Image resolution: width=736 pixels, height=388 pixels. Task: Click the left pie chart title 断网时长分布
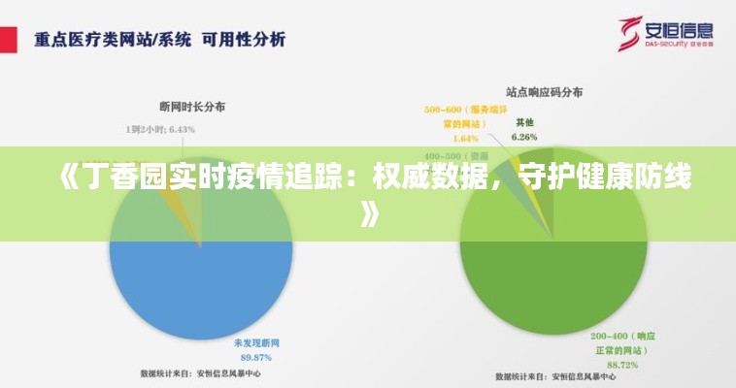192,107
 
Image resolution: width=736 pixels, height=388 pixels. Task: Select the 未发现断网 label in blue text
256,343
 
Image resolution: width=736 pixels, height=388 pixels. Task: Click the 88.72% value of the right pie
622,364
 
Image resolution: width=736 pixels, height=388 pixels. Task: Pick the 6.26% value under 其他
524,137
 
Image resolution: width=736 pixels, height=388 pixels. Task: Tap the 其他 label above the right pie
524,122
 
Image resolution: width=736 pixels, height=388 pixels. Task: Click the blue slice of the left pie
199,281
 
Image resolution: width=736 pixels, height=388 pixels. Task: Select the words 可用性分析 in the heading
244,41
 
